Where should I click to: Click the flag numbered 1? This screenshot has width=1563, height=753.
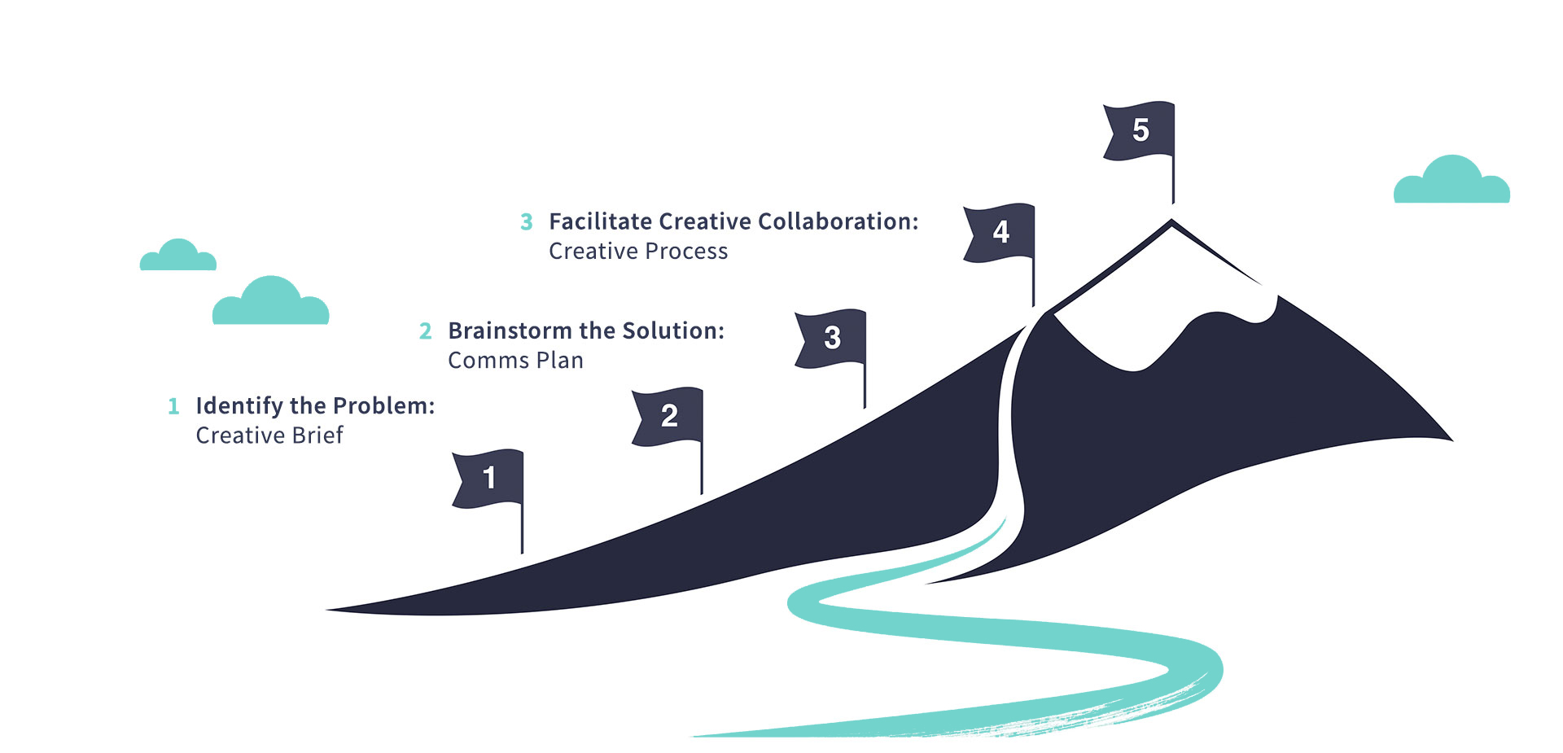tap(489, 479)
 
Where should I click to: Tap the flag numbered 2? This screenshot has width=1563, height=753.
tap(669, 416)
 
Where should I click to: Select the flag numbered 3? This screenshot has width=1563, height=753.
tap(832, 338)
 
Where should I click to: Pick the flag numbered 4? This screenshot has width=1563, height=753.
tap(1000, 233)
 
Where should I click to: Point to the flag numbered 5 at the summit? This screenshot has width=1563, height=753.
tap(1141, 130)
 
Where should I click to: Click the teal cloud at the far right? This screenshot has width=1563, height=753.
tap(1451, 183)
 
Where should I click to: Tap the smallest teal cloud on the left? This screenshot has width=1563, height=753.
tap(178, 256)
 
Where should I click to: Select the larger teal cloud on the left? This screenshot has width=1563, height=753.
tap(270, 304)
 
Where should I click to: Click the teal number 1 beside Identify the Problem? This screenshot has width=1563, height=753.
tap(173, 406)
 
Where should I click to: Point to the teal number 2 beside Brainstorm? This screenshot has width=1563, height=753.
tap(425, 331)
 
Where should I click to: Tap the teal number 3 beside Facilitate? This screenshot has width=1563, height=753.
tap(526, 221)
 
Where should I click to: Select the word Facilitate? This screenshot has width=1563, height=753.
tap(600, 221)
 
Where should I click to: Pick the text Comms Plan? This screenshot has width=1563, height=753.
tap(515, 361)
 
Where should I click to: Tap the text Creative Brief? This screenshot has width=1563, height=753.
tap(269, 436)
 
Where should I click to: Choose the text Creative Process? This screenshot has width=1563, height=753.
tap(638, 252)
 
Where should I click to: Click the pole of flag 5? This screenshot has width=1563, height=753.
tap(1173, 179)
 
